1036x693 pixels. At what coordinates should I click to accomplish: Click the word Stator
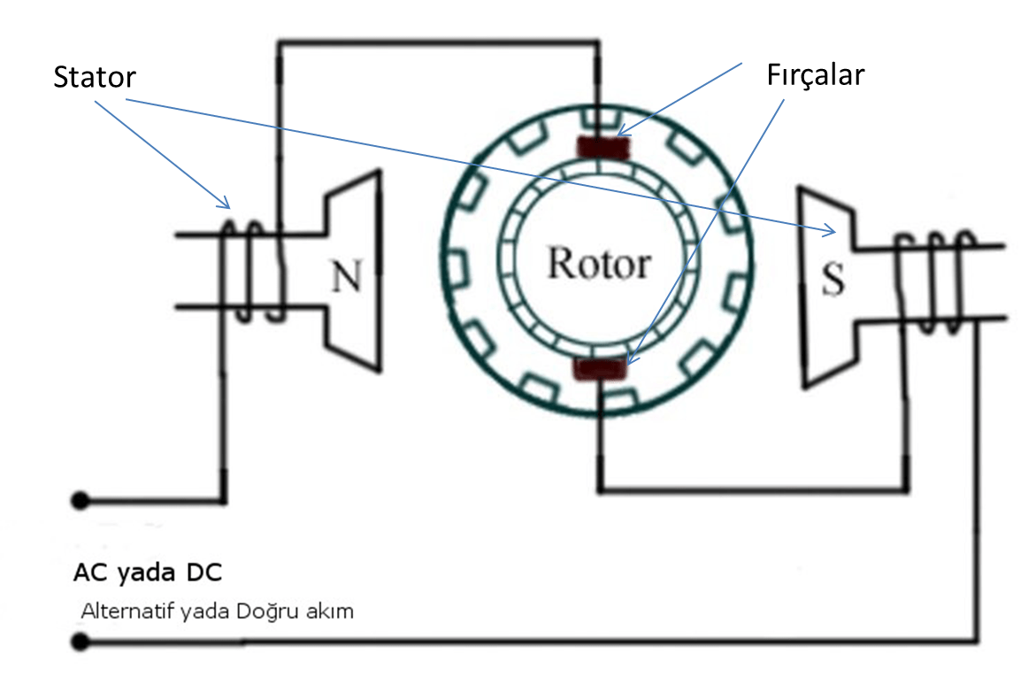pos(95,77)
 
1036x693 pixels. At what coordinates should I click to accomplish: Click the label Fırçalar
pos(815,74)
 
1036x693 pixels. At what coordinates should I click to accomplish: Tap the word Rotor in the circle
pos(599,264)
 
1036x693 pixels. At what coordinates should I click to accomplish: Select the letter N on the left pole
pos(346,277)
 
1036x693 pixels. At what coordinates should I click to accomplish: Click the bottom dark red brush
pos(601,369)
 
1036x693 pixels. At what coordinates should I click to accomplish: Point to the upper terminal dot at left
pos(81,501)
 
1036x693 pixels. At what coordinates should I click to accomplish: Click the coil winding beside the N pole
pos(253,270)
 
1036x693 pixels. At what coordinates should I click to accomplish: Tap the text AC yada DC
pos(148,574)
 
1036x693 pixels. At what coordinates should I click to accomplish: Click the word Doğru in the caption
pos(265,612)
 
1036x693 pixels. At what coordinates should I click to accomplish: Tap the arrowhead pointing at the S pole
pos(832,233)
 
